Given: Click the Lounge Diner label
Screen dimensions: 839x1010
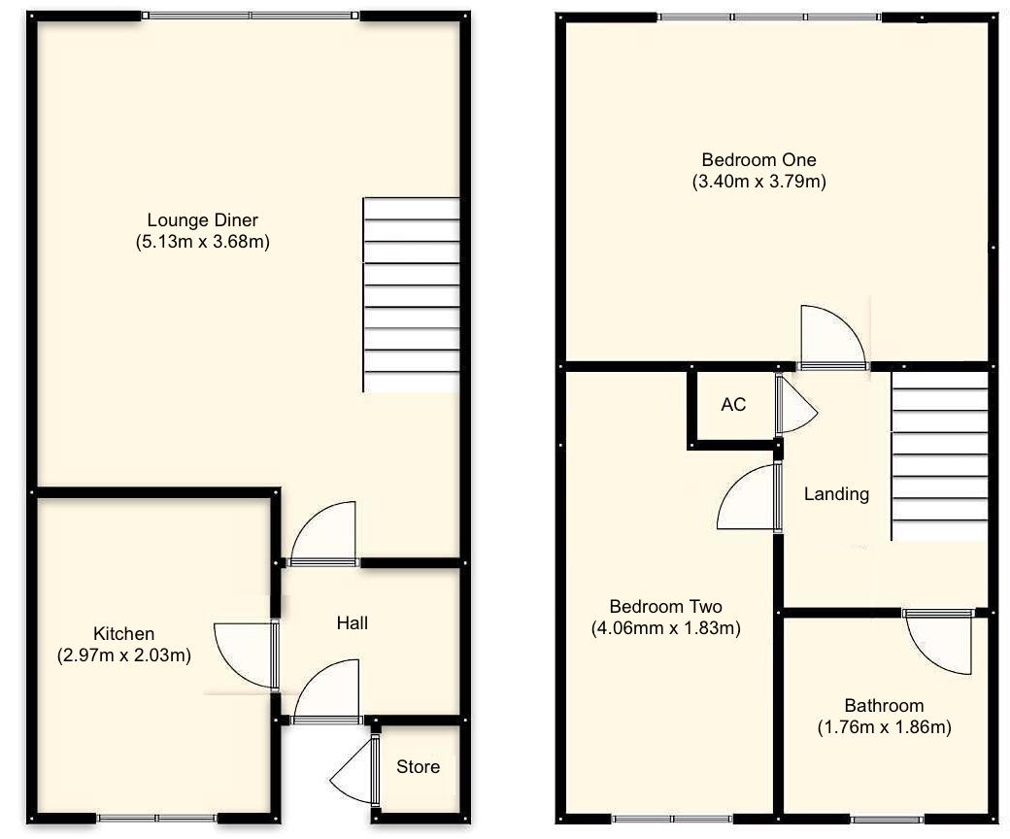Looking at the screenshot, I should pos(202,220).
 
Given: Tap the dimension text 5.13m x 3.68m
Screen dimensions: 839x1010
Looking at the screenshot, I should pos(202,243).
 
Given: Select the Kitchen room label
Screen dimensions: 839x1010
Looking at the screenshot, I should pos(123,634).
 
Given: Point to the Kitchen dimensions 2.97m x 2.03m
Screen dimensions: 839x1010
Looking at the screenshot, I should pos(123,655).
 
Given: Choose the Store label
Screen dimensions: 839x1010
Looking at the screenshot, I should pos(418,767).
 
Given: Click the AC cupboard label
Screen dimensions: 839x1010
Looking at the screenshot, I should pos(733,404).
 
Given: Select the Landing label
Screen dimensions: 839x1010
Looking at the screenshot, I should pos(836,494).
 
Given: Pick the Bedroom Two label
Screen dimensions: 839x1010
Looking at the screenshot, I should pos(665,606).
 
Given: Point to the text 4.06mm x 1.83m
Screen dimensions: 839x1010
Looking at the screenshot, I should pos(665,628).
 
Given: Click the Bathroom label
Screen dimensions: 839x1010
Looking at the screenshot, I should pos(883,706).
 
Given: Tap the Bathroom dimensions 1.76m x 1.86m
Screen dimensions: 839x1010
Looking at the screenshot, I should pos(883,727).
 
